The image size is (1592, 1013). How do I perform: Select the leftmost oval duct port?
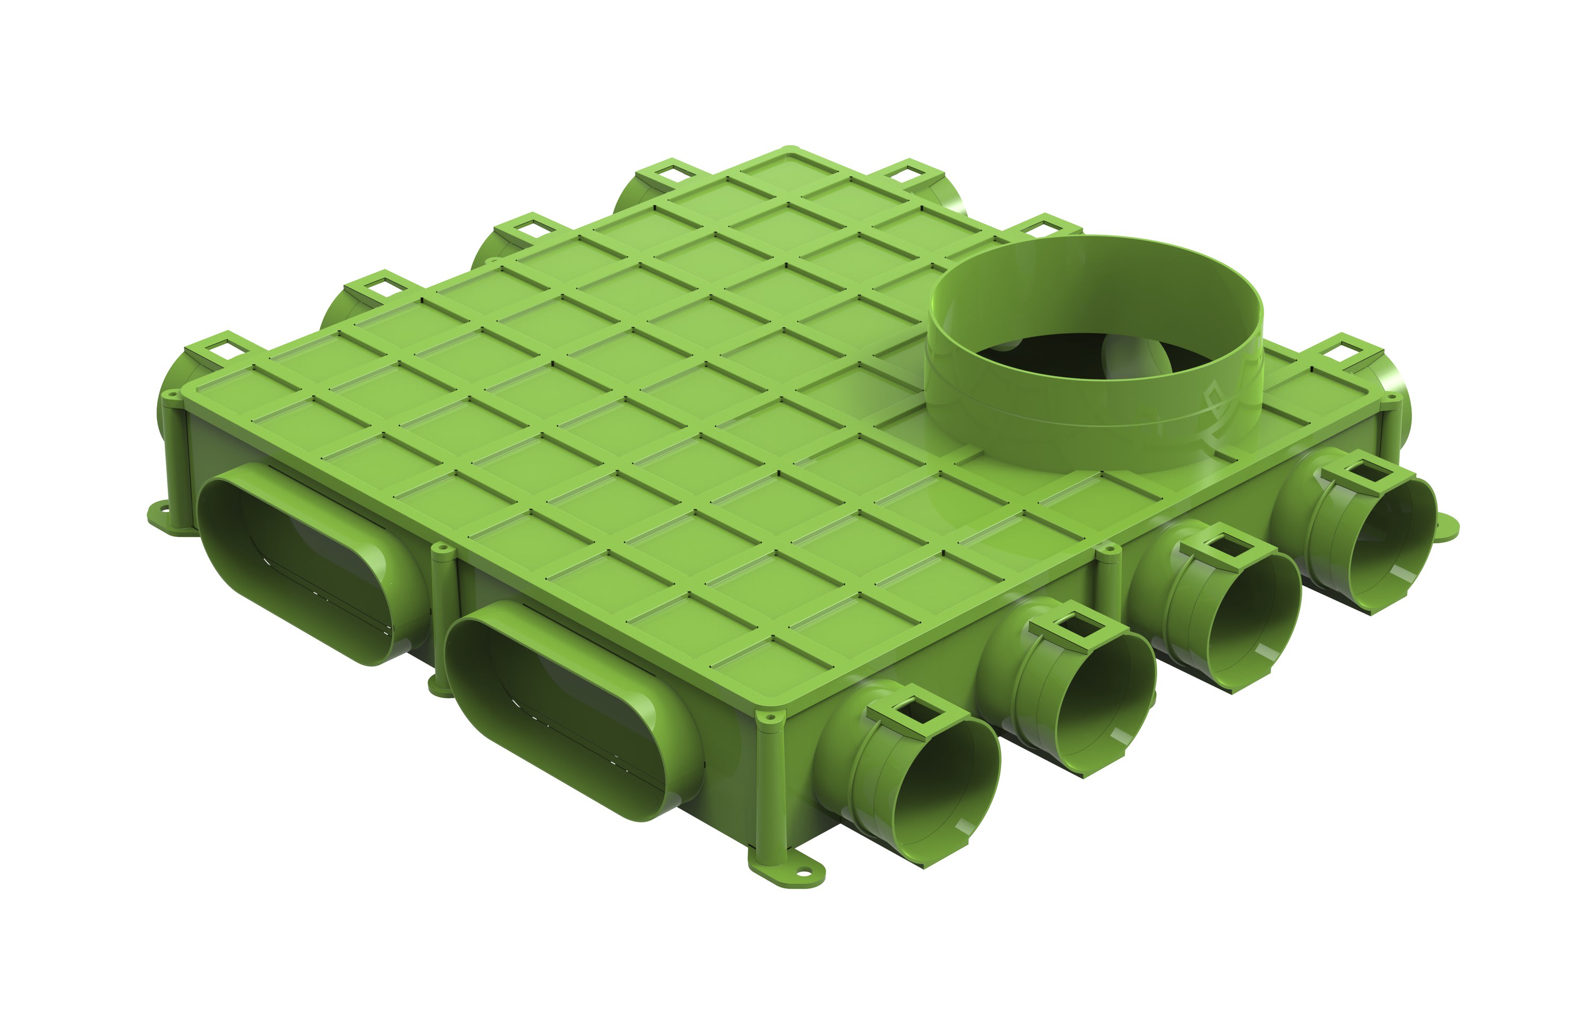[311, 562]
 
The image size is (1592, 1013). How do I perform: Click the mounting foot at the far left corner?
[159, 513]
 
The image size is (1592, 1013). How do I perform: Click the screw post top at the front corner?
[769, 717]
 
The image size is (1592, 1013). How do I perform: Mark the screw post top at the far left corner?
[171, 397]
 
